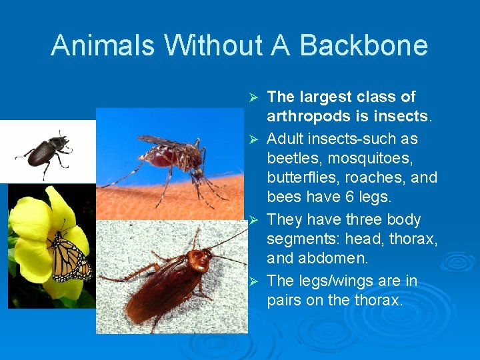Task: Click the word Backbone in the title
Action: point(364,45)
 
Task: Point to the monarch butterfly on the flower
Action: point(70,257)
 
